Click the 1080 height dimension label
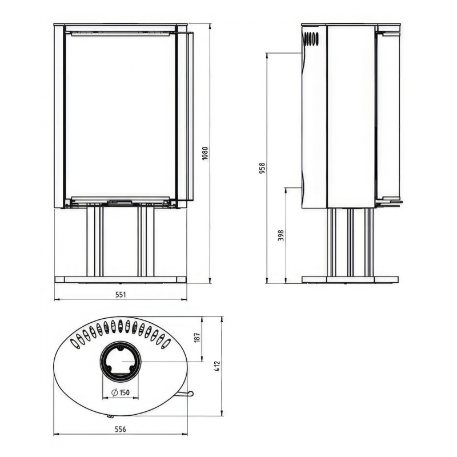pyautogui.click(x=205, y=153)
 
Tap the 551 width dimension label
pyautogui.click(x=121, y=295)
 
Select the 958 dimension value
pyautogui.click(x=262, y=168)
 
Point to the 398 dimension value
pyautogui.click(x=280, y=235)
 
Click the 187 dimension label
pyautogui.click(x=198, y=337)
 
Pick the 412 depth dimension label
pyautogui.click(x=218, y=366)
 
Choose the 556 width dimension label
pyautogui.click(x=121, y=430)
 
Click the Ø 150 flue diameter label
pyautogui.click(x=121, y=392)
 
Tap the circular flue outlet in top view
pyautogui.click(x=121, y=361)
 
